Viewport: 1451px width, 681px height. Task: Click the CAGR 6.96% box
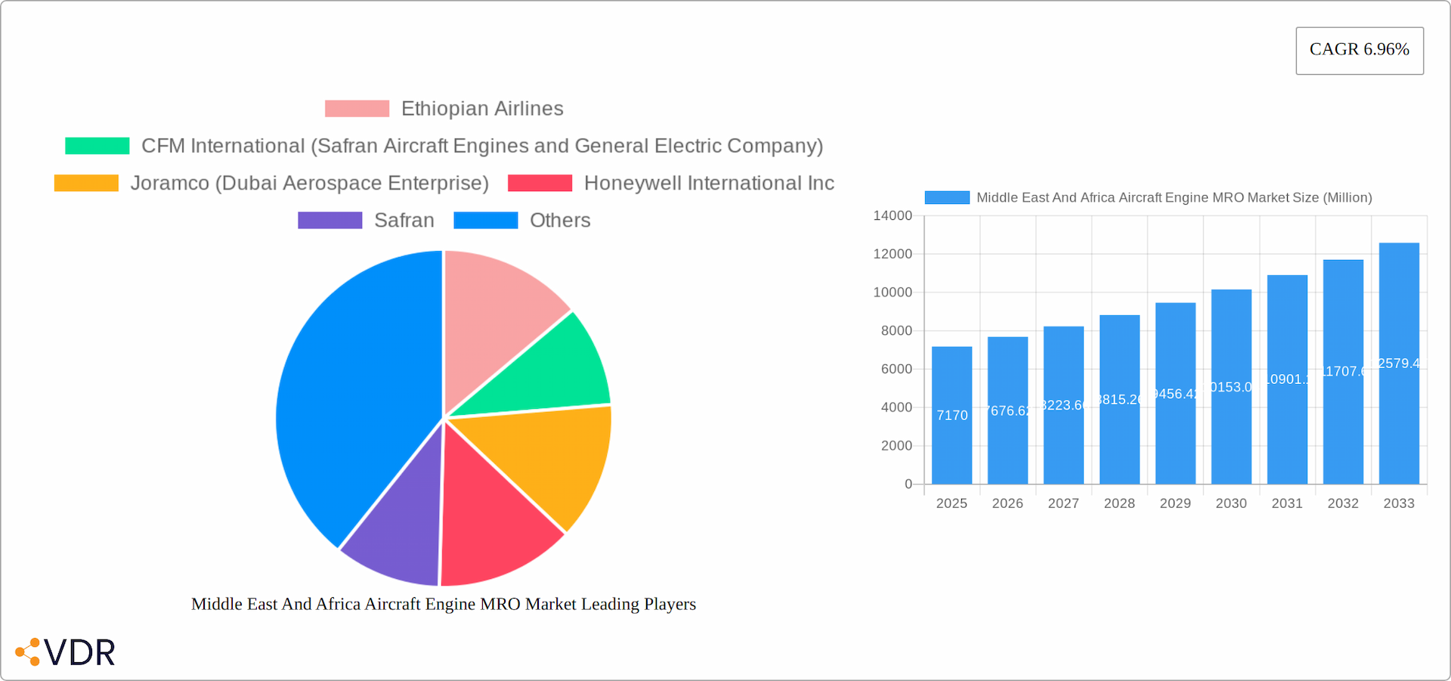[x=1359, y=51]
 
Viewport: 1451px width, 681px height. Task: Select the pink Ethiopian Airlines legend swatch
[x=357, y=109]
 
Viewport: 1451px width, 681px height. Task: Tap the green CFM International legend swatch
[x=97, y=146]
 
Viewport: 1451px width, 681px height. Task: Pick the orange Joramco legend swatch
[x=86, y=183]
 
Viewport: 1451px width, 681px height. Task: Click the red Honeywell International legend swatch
[x=540, y=183]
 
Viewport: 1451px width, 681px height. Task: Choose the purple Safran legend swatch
[x=329, y=220]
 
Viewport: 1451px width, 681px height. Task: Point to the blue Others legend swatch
[x=485, y=220]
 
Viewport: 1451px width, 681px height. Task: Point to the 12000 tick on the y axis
[x=893, y=254]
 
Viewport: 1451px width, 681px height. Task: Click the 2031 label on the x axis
[x=1287, y=503]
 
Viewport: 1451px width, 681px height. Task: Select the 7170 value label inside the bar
[x=952, y=416]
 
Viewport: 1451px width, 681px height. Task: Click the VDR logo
[x=67, y=652]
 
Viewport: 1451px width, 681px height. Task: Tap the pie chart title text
[x=444, y=604]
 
